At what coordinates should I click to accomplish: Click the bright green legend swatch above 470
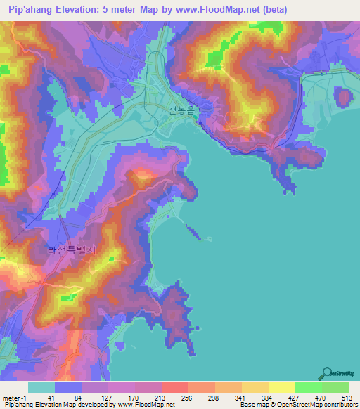309,387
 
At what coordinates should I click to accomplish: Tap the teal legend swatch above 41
41,387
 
